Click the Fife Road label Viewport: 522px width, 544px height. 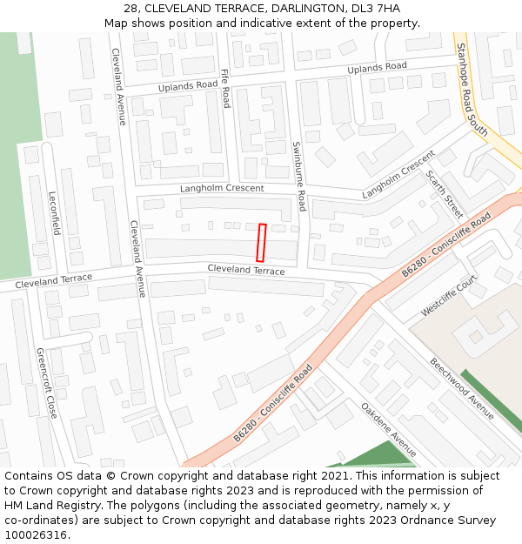225,88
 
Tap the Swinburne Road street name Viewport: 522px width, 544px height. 298,177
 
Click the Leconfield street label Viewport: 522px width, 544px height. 54,213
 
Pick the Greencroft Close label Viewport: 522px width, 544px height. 46,383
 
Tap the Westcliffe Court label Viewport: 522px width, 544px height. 449,297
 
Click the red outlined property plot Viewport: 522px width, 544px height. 260,242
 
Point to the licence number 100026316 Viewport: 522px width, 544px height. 35,534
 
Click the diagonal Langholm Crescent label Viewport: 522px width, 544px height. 398,174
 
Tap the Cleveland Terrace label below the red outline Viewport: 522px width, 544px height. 246,271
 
